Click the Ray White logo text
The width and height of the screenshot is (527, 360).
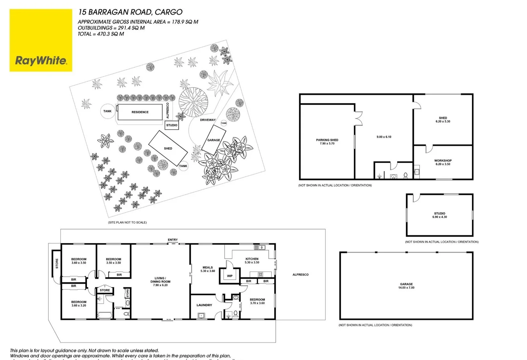pyautogui.click(x=41, y=60)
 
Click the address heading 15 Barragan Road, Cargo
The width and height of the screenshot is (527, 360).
pyautogui.click(x=130, y=12)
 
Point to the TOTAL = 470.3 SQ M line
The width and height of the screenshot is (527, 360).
pyautogui.click(x=101, y=34)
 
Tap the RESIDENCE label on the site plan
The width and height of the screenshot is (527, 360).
pyautogui.click(x=140, y=112)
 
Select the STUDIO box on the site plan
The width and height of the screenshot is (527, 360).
pyautogui.click(x=172, y=125)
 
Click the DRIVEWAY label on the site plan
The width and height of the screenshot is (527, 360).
pyautogui.click(x=208, y=120)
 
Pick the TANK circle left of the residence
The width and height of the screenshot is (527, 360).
pyautogui.click(x=107, y=111)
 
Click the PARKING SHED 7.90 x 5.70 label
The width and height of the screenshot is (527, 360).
pyautogui.click(x=327, y=142)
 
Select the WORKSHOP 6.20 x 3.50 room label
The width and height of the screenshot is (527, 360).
pyautogui.click(x=443, y=162)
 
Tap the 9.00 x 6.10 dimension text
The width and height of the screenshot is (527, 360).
pyautogui.click(x=384, y=137)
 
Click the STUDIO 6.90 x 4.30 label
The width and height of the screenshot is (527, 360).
pyautogui.click(x=439, y=215)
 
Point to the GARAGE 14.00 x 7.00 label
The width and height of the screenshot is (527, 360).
pyautogui.click(x=406, y=286)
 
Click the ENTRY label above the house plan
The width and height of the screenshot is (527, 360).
pyautogui.click(x=173, y=240)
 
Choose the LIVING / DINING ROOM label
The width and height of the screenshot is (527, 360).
pyautogui.click(x=160, y=281)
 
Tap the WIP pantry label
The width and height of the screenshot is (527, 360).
pyautogui.click(x=230, y=276)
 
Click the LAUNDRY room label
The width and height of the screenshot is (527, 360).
pyautogui.click(x=204, y=305)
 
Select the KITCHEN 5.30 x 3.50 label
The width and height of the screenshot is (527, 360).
pyautogui.click(x=252, y=260)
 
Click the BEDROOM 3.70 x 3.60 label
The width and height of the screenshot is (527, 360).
pyautogui.click(x=257, y=301)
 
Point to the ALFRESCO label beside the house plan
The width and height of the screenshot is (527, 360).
pyautogui.click(x=300, y=275)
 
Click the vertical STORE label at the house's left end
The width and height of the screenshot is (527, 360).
pyautogui.click(x=57, y=263)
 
